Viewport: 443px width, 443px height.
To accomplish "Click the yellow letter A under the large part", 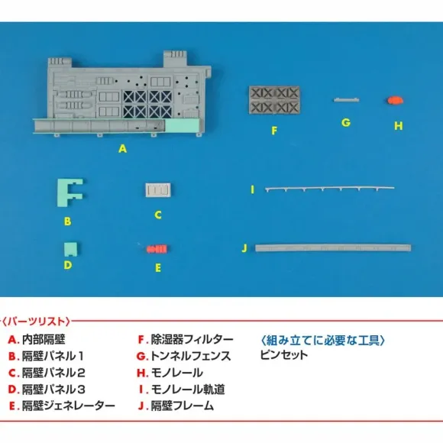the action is coord(122,149).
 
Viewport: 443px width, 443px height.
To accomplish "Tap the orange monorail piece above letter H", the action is coord(395,100).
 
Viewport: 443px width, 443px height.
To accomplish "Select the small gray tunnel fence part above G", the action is coord(346,100).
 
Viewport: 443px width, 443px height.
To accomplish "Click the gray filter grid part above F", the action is coord(274,100).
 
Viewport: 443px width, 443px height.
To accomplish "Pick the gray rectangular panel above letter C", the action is coord(158,190).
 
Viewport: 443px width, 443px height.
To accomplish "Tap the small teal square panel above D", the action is coord(70,248).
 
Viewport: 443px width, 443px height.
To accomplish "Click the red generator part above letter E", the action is coord(157,249).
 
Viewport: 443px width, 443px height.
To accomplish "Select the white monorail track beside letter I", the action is coord(330,188).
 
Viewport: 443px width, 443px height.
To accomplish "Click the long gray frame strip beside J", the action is coord(333,248).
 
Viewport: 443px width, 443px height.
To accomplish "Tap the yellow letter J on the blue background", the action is coord(244,248).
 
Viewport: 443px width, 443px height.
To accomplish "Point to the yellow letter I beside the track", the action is coord(253,189).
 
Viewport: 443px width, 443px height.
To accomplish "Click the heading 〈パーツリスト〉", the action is coord(36,322).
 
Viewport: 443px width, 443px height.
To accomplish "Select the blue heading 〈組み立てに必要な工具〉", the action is coord(322,340).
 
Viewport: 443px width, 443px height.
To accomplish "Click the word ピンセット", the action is coord(283,355).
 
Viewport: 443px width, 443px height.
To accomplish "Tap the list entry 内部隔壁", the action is coord(44,339).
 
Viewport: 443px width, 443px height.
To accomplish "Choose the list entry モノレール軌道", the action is coord(188,390).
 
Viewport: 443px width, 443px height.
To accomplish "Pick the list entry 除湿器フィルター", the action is coord(192,339).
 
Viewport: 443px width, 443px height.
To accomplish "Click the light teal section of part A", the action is coord(183,125).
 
